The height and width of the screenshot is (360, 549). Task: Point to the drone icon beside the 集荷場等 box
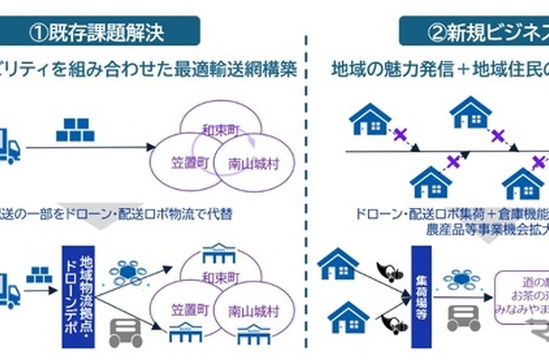coord(461,270)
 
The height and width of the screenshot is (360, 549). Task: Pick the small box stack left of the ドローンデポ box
coord(37,273)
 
